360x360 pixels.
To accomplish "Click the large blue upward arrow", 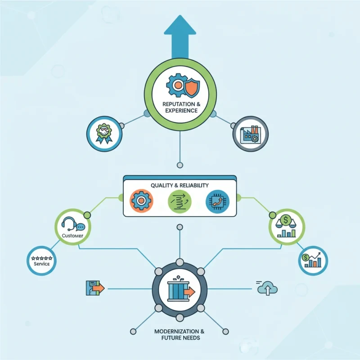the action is tap(180, 37).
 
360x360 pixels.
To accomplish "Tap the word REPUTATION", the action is tap(179, 104).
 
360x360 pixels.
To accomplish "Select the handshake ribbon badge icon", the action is tap(104, 134).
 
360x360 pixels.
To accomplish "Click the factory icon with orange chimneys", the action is tap(250, 134).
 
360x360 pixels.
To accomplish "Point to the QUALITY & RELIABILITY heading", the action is tap(180, 185).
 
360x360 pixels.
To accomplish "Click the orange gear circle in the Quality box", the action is tap(141, 201).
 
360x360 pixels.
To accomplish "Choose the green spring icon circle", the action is tap(180, 201).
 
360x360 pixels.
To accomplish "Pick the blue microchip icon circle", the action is tap(217, 201).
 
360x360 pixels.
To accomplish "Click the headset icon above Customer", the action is tap(68, 224).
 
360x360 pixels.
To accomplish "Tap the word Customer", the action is tap(72, 235).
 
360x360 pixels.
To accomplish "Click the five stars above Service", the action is tap(42, 258).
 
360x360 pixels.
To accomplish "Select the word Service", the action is tap(42, 264).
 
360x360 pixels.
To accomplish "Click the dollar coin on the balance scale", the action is tap(285, 220).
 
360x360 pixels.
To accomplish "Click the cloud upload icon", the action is tap(267, 288).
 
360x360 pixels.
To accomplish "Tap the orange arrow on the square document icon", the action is tap(98, 288).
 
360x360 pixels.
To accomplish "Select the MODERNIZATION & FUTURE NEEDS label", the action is tap(179, 334).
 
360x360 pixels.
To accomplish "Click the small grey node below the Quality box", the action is tap(180, 227).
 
